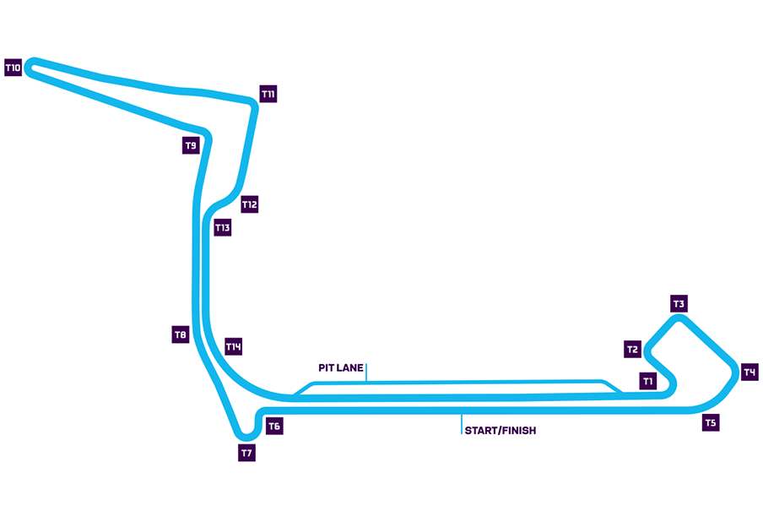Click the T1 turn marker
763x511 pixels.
[x=647, y=381]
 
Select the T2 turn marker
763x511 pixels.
[x=632, y=350]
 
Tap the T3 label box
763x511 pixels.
[x=679, y=304]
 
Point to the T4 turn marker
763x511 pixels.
[x=749, y=372]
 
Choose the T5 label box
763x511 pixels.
[x=711, y=422]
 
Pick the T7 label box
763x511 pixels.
[x=246, y=453]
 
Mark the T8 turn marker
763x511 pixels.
[x=180, y=334]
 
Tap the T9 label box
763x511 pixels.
[x=191, y=145]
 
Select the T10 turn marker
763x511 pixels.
[x=14, y=68]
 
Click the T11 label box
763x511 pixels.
[x=268, y=94]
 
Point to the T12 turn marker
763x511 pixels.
[x=250, y=204]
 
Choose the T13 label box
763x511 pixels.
[x=222, y=227]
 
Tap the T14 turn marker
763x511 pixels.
[x=234, y=347]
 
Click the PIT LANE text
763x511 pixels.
[x=341, y=367]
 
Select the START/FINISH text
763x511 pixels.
[x=501, y=431]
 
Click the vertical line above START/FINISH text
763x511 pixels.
[x=462, y=424]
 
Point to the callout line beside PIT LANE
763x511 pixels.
[x=366, y=372]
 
